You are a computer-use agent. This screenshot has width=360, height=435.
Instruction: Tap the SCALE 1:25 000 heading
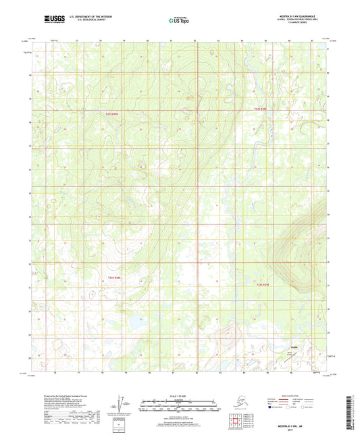179,395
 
